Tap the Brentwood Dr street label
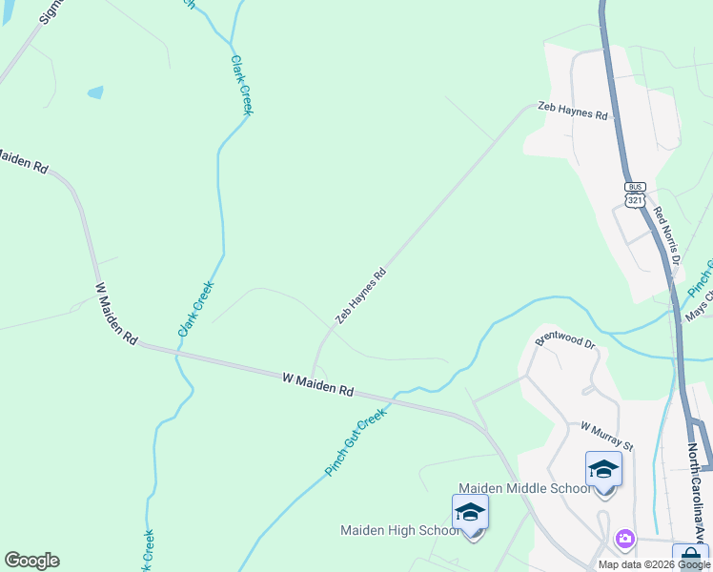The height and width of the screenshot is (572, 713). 563,340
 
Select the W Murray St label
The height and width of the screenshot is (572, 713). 606,437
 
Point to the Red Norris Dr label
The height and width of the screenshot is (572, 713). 666,237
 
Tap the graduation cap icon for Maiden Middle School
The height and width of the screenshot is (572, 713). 603,469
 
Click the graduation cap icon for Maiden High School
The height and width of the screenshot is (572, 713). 470,512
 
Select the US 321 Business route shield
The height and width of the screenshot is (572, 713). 636,194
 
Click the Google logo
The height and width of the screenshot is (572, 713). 31,561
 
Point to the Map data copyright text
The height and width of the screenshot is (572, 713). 654,564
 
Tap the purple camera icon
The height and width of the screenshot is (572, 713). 624,539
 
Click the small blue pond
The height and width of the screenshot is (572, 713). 95,92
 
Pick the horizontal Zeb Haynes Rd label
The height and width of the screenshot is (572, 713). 572,113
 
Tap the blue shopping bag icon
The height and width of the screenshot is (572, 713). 690,556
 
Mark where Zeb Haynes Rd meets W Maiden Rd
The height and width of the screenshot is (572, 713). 313,376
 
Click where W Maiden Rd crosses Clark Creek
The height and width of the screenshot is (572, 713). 177,351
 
